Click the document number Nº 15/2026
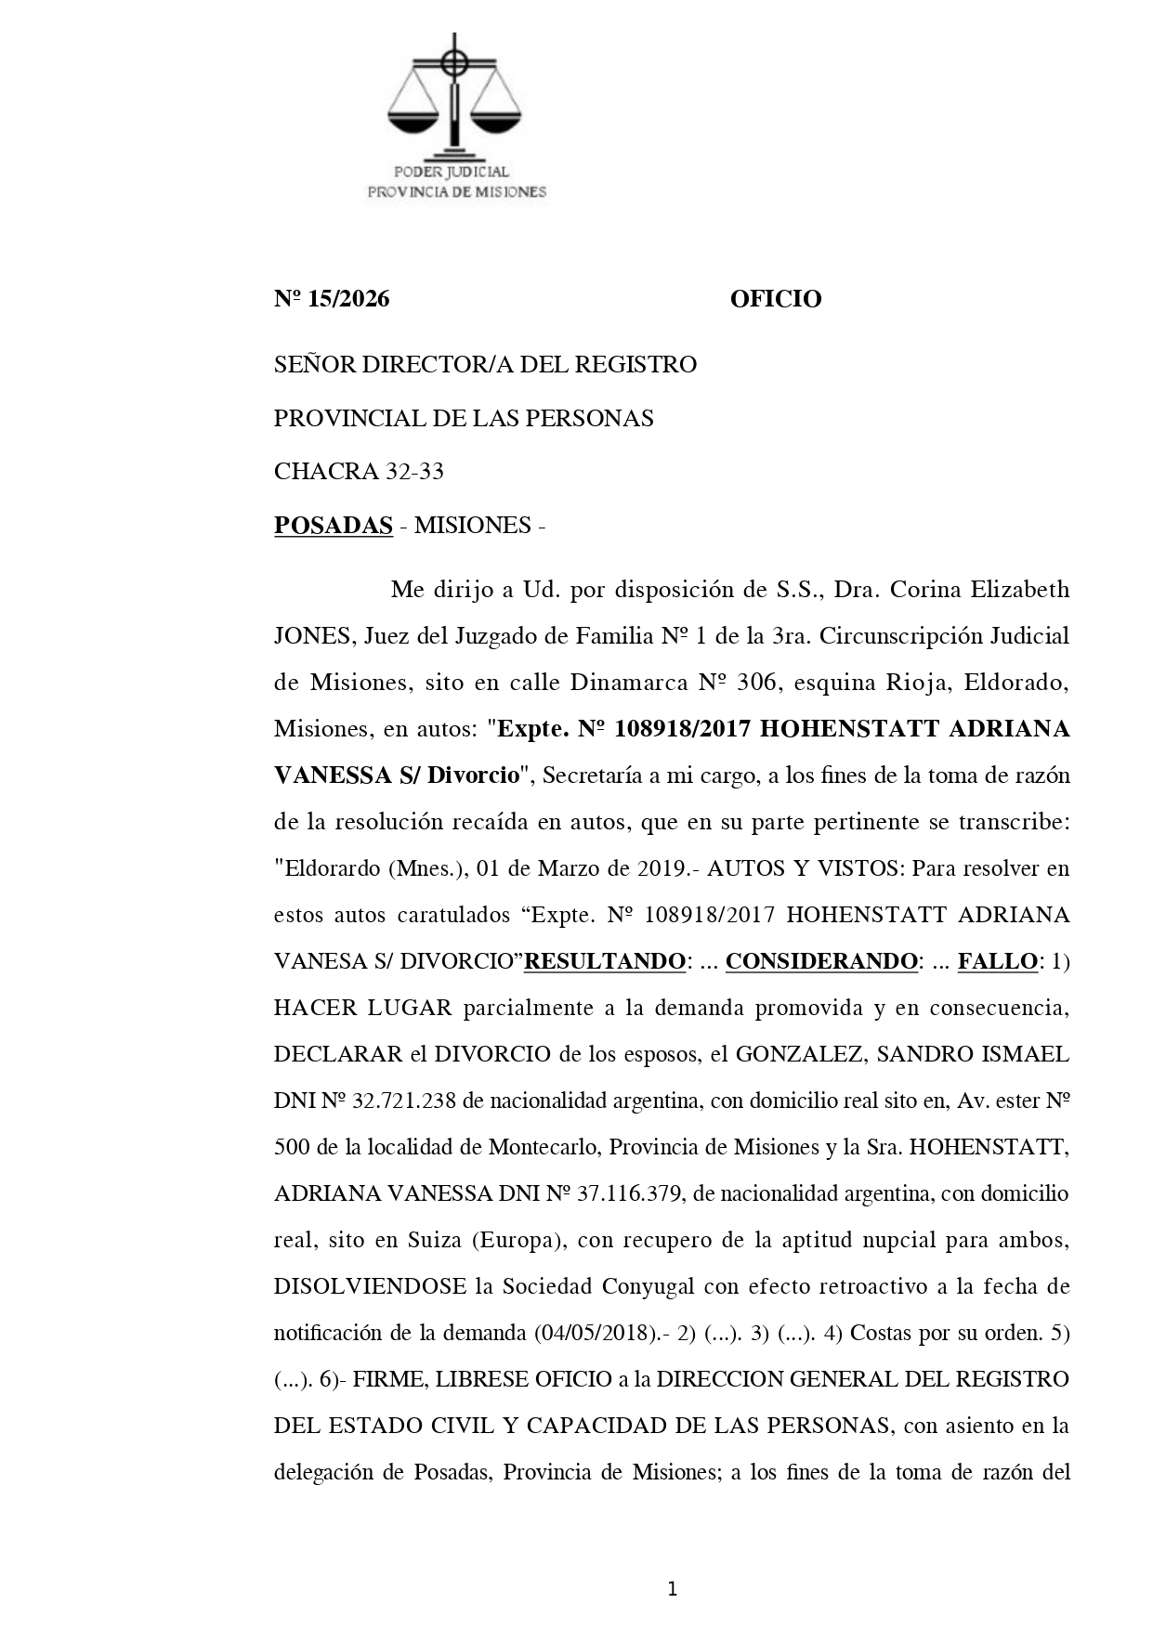332,299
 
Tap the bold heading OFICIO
775,299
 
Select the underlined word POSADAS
333,526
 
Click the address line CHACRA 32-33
359,472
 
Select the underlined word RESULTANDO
604,961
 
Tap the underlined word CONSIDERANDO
820,961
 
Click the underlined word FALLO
997,961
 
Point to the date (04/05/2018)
595,1333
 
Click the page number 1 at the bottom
672,1590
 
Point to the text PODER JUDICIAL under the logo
452,172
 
